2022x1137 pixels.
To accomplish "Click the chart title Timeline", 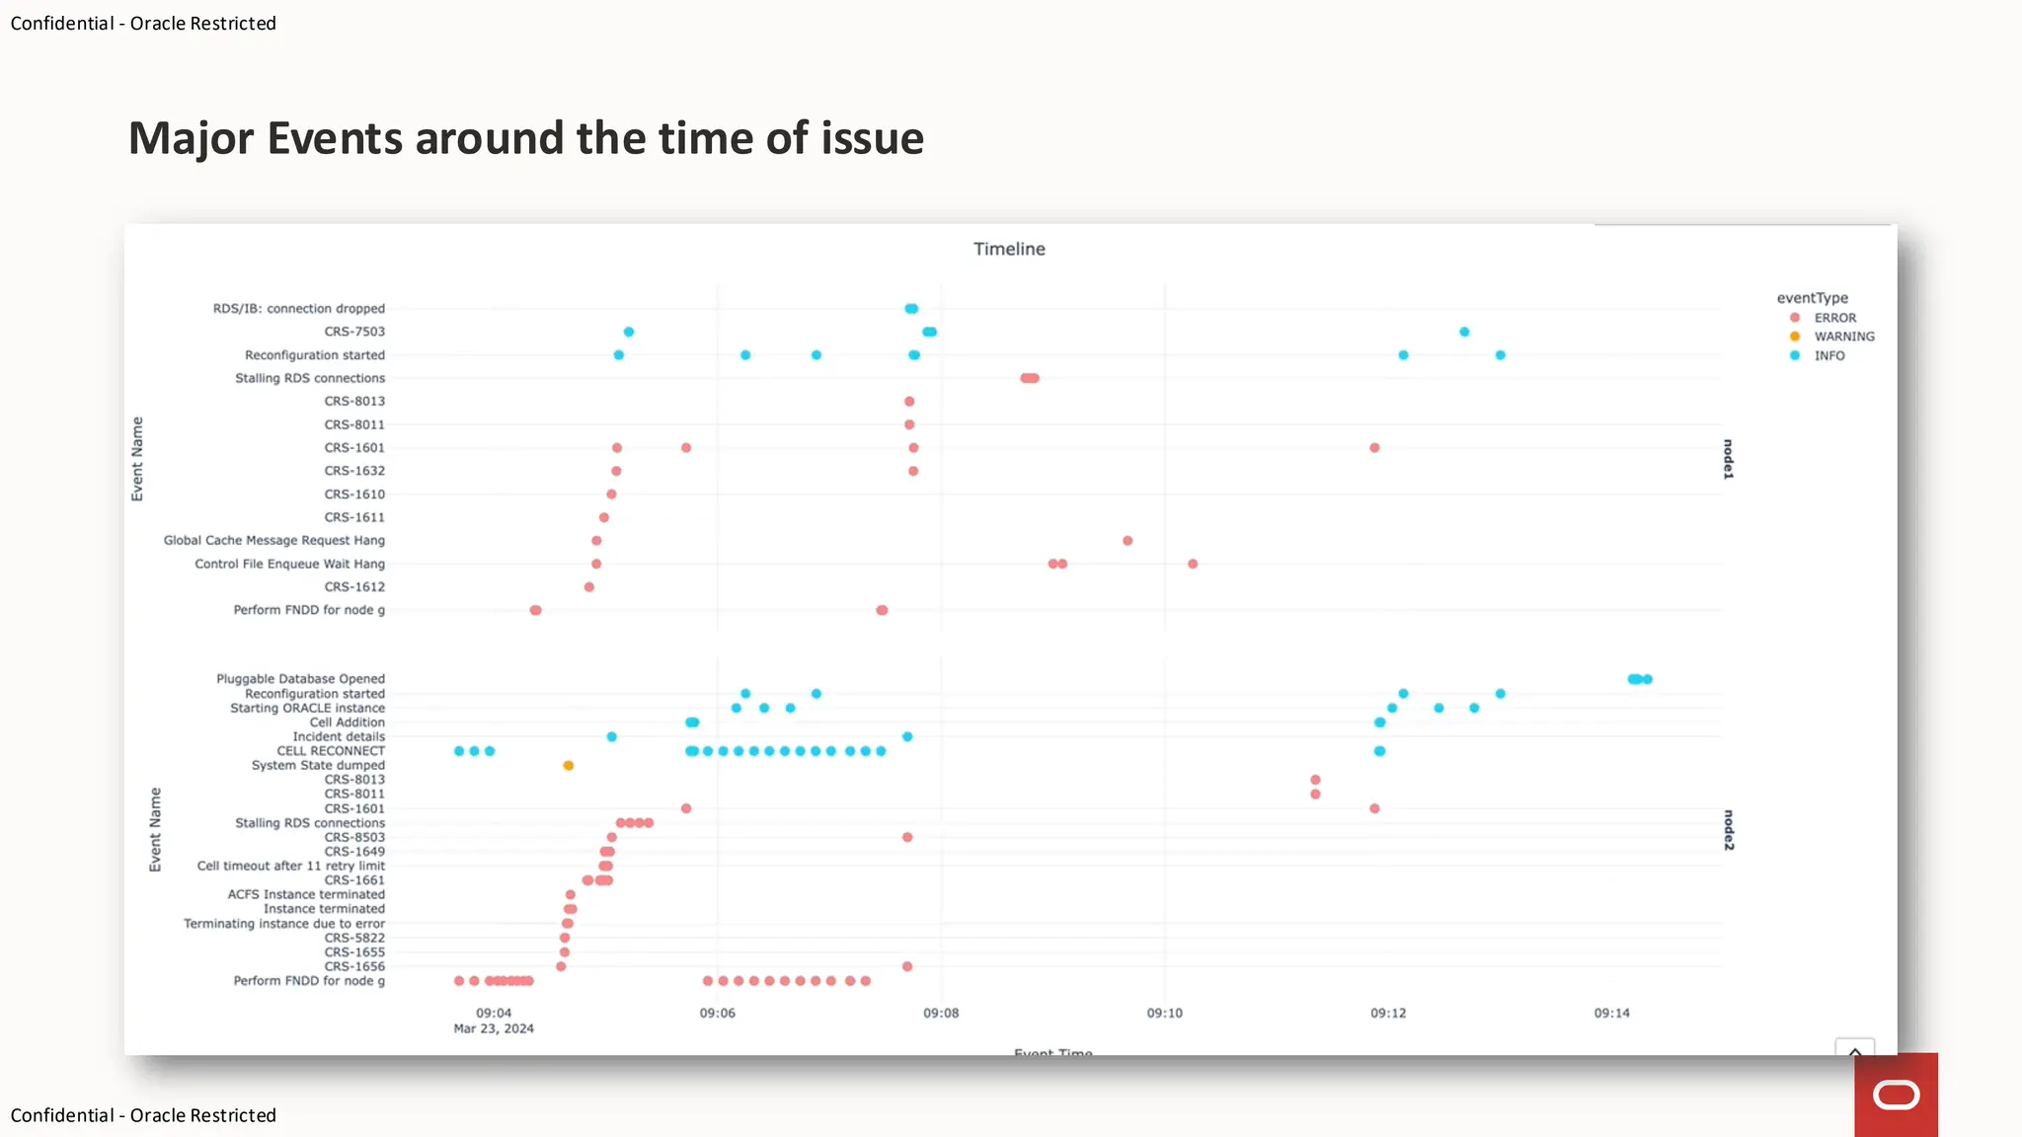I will [x=1009, y=249].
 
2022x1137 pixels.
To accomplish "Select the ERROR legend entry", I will [x=1833, y=318].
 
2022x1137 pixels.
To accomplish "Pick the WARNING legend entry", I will [x=1842, y=337].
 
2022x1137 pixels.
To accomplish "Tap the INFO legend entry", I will [x=1828, y=355].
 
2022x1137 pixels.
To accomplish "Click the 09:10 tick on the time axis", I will [x=1164, y=1013].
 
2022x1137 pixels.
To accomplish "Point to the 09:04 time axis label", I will [x=494, y=1013].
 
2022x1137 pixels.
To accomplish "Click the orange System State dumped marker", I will [x=568, y=766].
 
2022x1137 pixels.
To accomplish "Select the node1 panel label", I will [x=1728, y=459].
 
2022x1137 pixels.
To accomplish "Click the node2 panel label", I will [x=1728, y=830].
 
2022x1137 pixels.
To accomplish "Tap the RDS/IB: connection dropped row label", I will [x=299, y=309].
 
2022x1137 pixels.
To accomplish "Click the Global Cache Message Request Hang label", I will [x=274, y=541].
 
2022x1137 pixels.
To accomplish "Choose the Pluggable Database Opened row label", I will [x=300, y=679].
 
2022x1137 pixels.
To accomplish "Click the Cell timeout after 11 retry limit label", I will [x=291, y=866].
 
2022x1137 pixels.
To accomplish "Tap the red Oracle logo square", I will [x=1896, y=1095].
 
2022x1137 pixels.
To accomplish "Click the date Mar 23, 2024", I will [x=494, y=1028].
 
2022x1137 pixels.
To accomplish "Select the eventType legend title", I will [x=1812, y=298].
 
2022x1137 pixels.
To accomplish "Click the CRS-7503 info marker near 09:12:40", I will [x=1464, y=332].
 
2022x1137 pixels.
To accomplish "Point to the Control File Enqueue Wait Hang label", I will [x=289, y=564].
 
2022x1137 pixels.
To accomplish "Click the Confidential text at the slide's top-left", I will [x=62, y=24].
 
